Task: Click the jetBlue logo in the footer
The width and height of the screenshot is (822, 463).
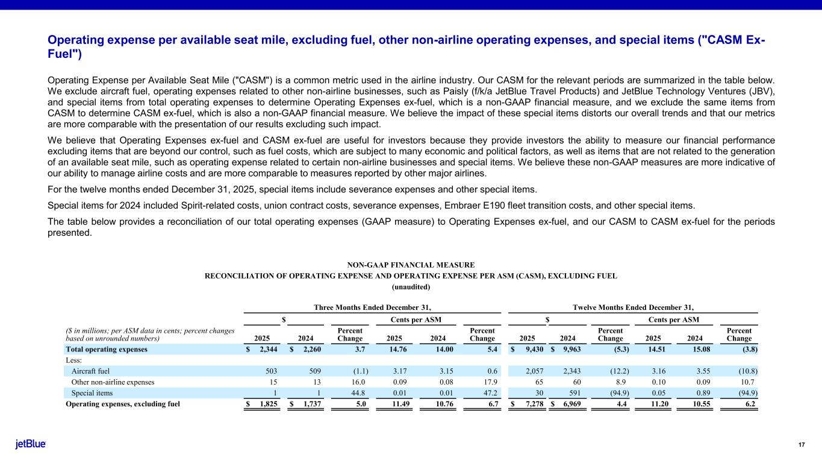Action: click(x=31, y=444)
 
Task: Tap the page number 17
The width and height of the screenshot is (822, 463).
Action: click(x=802, y=445)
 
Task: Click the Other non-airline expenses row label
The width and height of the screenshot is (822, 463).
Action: click(x=104, y=382)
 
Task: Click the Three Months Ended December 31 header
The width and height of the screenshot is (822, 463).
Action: click(x=373, y=306)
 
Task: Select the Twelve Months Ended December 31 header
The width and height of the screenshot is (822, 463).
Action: click(x=634, y=306)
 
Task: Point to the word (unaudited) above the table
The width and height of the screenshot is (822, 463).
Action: click(x=411, y=287)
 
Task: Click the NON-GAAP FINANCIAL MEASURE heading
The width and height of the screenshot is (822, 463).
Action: click(x=411, y=265)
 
